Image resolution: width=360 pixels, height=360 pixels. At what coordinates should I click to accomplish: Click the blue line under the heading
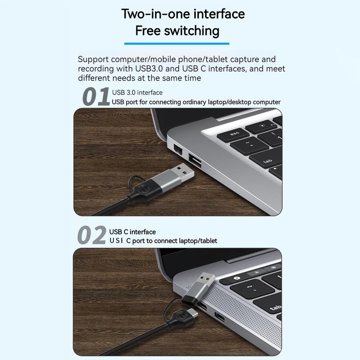(x=176, y=44)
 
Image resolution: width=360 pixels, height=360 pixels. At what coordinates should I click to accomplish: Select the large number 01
(x=96, y=97)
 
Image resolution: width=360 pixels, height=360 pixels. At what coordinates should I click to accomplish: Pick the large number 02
(x=92, y=236)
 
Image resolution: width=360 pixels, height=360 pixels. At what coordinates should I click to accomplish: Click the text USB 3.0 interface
(x=137, y=93)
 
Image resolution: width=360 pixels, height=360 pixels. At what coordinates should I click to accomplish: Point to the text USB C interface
(x=133, y=232)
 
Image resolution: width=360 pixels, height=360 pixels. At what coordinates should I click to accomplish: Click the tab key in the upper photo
(x=267, y=160)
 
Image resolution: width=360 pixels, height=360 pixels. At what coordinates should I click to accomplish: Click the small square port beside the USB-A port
(x=177, y=150)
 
